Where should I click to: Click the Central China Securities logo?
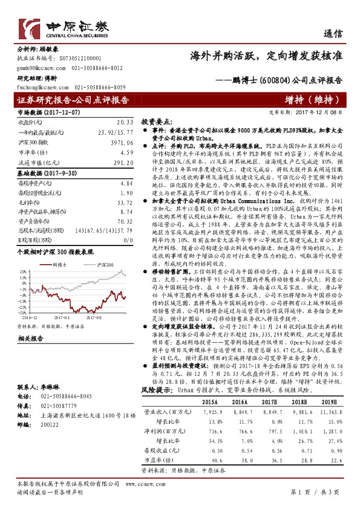point(63,28)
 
